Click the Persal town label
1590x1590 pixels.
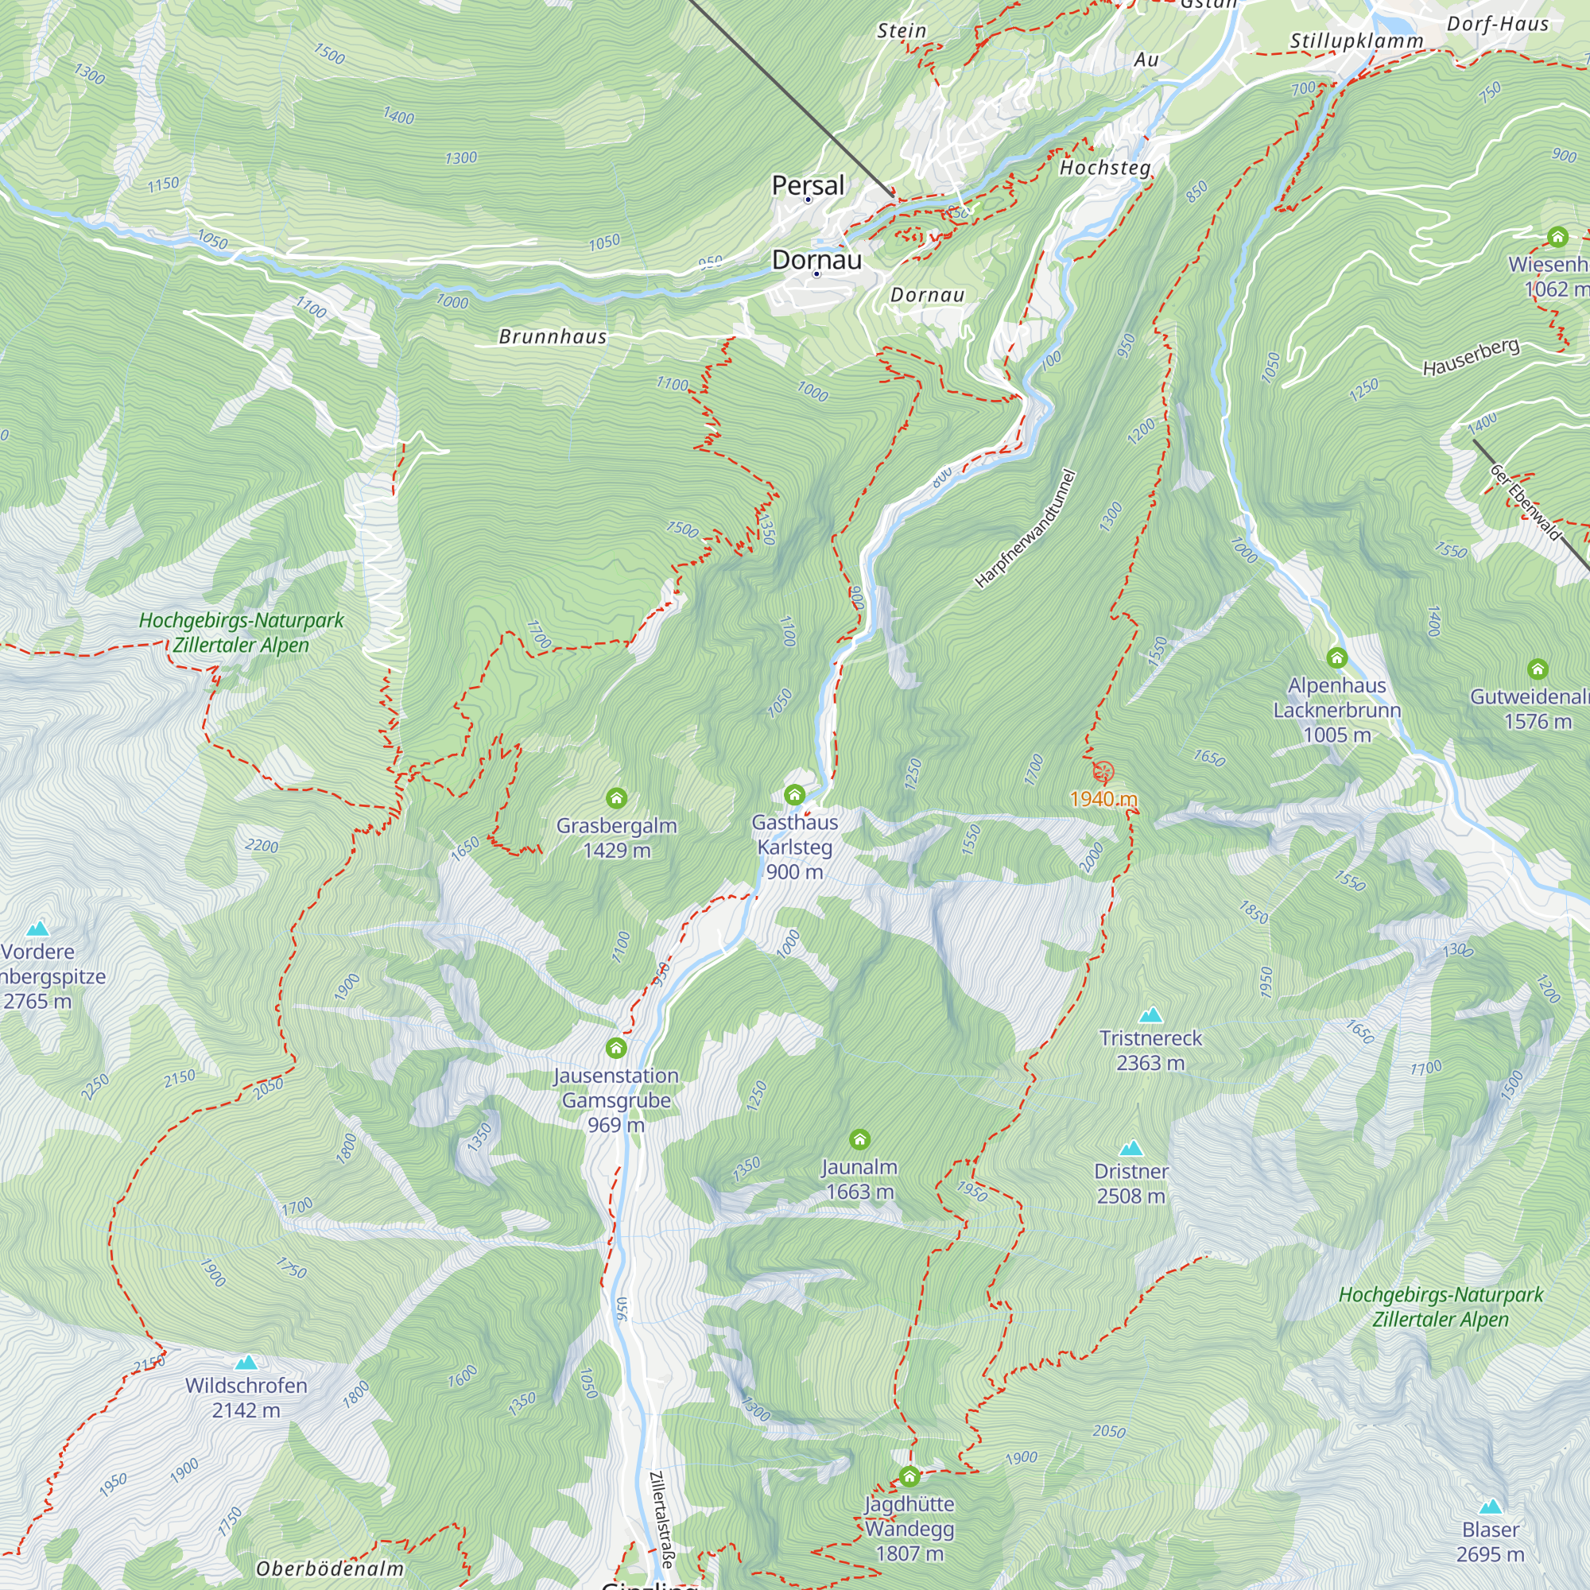(808, 185)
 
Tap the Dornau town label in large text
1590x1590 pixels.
(816, 260)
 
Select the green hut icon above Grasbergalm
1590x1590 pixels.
(616, 797)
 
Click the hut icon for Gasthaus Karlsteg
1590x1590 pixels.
(794, 794)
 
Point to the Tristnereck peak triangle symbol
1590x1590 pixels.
(1150, 1014)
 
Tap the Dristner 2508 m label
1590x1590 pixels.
(1130, 1183)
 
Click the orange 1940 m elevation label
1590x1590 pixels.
(1103, 798)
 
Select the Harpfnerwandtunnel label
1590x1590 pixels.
(1025, 529)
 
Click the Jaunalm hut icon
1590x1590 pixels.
(859, 1139)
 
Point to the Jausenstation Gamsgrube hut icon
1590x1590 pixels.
(615, 1048)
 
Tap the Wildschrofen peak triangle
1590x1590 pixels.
(246, 1362)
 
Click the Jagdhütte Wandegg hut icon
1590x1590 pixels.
(909, 1476)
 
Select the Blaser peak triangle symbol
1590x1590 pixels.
(1491, 1507)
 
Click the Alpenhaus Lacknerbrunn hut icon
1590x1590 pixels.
(1336, 657)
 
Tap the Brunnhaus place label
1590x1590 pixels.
(553, 336)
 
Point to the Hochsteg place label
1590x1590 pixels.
(1104, 168)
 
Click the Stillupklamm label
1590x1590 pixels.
(1355, 41)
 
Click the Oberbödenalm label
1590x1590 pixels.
(330, 1569)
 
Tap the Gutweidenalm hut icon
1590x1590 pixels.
(1538, 669)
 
